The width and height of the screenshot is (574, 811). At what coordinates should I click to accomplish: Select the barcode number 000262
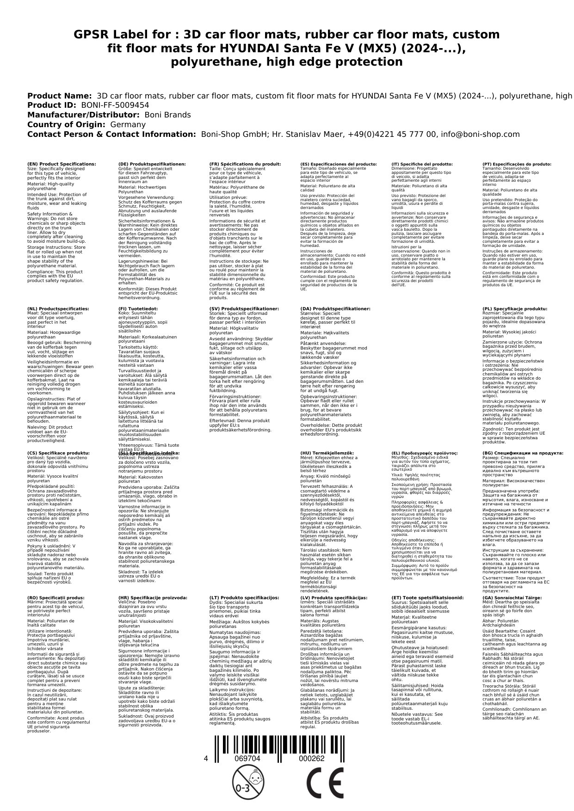tap(311, 758)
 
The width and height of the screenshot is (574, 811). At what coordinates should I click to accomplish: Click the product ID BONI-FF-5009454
tap(115, 105)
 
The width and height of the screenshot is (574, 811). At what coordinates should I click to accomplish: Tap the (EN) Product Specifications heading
tap(62, 164)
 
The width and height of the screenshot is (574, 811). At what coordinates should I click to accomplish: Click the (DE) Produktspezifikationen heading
tap(152, 164)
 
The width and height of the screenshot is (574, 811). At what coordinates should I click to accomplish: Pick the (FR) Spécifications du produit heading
tap(245, 164)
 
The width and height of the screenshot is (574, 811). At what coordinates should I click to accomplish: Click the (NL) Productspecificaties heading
tap(58, 308)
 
